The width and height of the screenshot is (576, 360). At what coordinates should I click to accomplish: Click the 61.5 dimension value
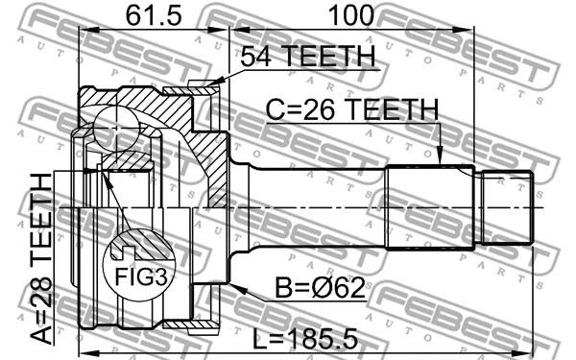coord(154,16)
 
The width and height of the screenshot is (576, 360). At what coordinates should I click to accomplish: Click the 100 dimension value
coord(351,16)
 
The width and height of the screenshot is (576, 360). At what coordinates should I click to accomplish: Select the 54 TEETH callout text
coord(308,57)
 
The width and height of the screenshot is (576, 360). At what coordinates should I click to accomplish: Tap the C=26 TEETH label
coord(352,109)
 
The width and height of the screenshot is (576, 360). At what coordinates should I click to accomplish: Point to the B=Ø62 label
coord(321,288)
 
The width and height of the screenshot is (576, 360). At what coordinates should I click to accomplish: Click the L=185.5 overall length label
coord(305,339)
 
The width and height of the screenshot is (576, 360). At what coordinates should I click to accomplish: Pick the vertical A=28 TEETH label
coord(41,259)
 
